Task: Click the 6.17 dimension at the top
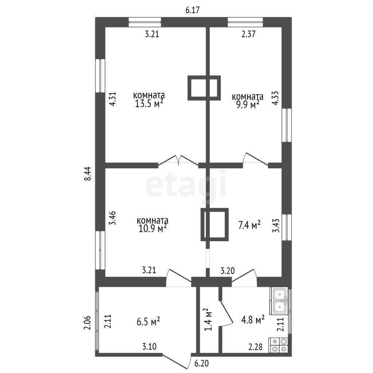[x=192, y=10]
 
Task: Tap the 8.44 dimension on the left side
[x=88, y=174]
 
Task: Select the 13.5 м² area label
[x=149, y=104]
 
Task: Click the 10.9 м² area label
[x=152, y=228]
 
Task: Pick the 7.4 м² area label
[x=249, y=225]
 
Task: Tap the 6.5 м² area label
[x=148, y=322]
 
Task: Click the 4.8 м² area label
[x=253, y=320]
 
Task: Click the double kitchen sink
[x=279, y=301]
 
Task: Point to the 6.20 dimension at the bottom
[x=201, y=364]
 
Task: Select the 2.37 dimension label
[x=248, y=34]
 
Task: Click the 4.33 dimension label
[x=276, y=98]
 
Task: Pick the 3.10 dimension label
[x=149, y=346]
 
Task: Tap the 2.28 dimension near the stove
[x=255, y=347]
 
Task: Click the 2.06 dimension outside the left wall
[x=87, y=323]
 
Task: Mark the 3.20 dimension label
[x=228, y=271]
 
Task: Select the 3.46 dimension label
[x=112, y=218]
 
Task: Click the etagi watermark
[x=186, y=184]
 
